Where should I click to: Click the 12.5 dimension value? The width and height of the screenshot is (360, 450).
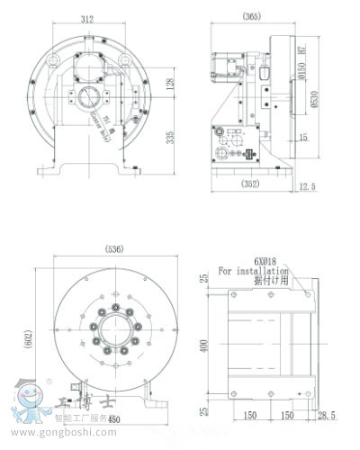pyautogui.click(x=309, y=186)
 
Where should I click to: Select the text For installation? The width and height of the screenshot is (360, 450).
pyautogui.click(x=253, y=269)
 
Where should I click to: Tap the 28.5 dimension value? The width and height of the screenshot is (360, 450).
pyautogui.click(x=328, y=417)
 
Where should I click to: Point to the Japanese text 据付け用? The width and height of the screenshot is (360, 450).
pyautogui.click(x=269, y=279)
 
